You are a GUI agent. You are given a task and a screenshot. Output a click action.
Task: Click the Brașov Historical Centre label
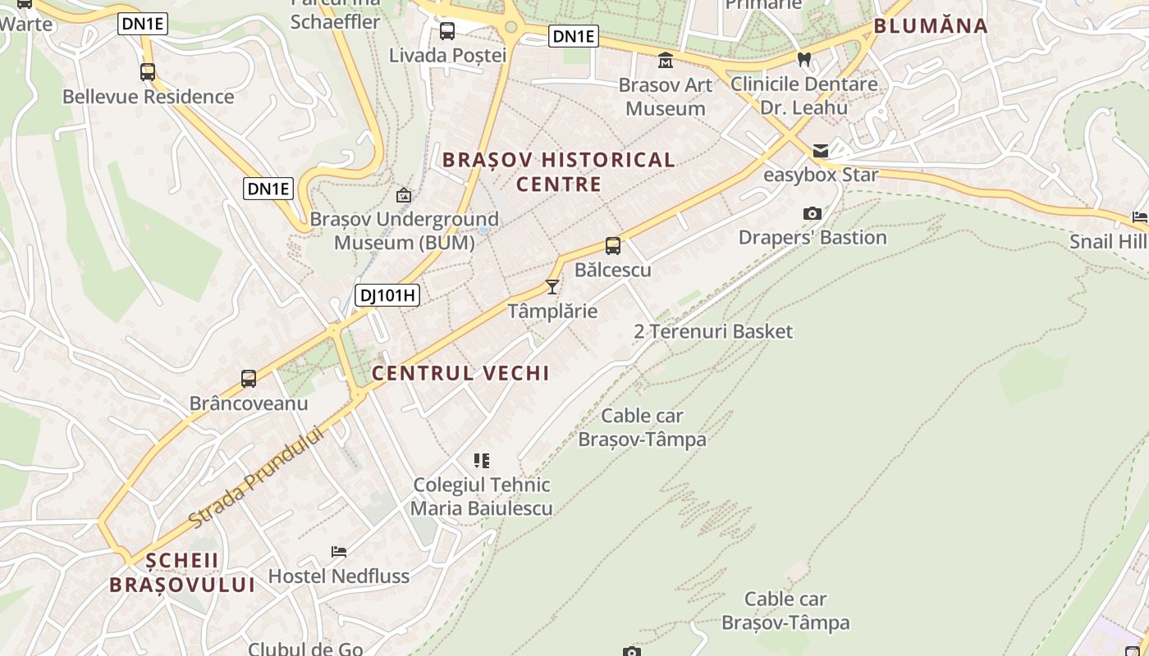pyautogui.click(x=559, y=171)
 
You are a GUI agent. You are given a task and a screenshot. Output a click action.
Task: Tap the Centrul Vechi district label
pyautogui.click(x=460, y=373)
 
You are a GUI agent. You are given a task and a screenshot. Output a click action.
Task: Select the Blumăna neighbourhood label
pyautogui.click(x=931, y=25)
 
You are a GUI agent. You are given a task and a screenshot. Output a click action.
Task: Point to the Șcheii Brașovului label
pyautogui.click(x=182, y=572)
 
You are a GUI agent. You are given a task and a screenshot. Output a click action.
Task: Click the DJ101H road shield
pyautogui.click(x=387, y=295)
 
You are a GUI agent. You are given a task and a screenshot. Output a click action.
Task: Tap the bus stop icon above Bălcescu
pyautogui.click(x=613, y=246)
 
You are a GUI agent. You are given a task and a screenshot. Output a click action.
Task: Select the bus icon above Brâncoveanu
pyautogui.click(x=249, y=379)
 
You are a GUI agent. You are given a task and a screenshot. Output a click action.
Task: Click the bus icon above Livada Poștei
pyautogui.click(x=447, y=31)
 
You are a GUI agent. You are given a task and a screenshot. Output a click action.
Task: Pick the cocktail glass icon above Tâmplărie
pyautogui.click(x=552, y=287)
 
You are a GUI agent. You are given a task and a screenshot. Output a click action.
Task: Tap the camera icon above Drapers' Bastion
pyautogui.click(x=813, y=214)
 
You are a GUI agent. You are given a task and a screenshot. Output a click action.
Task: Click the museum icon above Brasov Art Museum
pyautogui.click(x=666, y=61)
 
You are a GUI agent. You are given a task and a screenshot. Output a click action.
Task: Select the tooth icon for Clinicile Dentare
pyautogui.click(x=804, y=59)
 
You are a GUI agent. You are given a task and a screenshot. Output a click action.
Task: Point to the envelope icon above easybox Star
pyautogui.click(x=821, y=151)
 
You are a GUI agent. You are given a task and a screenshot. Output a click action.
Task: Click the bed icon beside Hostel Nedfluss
pyautogui.click(x=339, y=551)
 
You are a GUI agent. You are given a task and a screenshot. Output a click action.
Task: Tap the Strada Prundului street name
pyautogui.click(x=256, y=476)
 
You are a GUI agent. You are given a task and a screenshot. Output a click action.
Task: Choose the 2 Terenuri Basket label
pyautogui.click(x=713, y=331)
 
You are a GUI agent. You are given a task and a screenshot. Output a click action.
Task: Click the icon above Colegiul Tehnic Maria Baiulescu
pyautogui.click(x=482, y=461)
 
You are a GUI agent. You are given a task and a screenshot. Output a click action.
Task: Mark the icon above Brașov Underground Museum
pyautogui.click(x=404, y=195)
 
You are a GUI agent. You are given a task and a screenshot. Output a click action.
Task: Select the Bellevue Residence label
pyautogui.click(x=149, y=97)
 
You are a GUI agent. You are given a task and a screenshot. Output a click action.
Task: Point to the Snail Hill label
pyautogui.click(x=1109, y=241)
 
